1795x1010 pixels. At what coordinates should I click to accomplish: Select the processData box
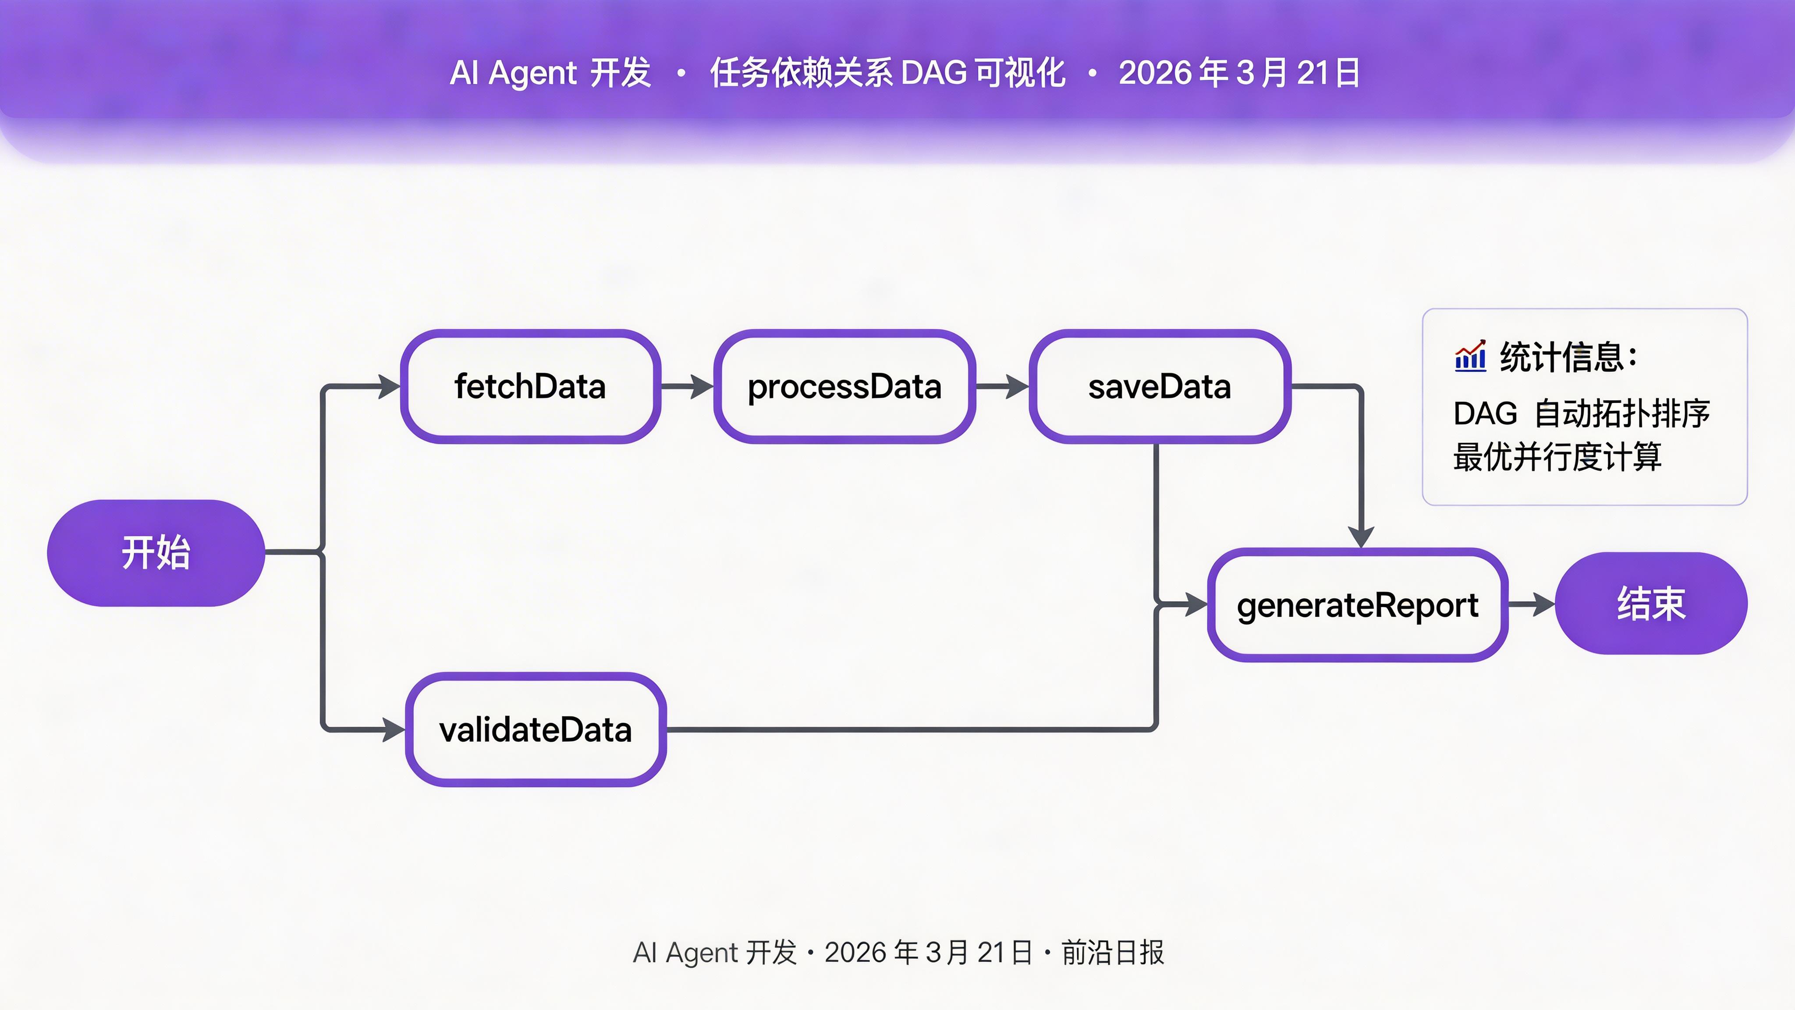pyautogui.click(x=844, y=386)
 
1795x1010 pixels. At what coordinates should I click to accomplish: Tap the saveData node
pyautogui.click(x=1160, y=386)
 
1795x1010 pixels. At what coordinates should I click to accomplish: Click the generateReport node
pyautogui.click(x=1357, y=605)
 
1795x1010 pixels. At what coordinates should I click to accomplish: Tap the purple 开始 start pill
pyautogui.click(x=156, y=553)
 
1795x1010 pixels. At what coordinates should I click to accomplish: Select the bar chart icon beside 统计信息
pyautogui.click(x=1470, y=357)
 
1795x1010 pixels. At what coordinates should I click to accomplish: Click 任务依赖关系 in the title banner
pyautogui.click(x=802, y=72)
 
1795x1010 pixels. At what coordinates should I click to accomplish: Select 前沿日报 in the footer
pyautogui.click(x=1112, y=952)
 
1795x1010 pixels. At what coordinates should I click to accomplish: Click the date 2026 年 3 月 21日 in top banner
pyautogui.click(x=1239, y=72)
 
